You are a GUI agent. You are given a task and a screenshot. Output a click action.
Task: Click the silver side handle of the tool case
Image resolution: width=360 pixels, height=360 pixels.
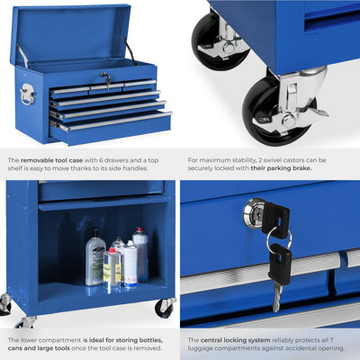[27, 94]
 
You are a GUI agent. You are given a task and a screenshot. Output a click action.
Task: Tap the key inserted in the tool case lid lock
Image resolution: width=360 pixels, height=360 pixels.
[106, 78]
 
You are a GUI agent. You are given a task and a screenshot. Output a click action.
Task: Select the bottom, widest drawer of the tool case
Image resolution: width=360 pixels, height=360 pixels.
[111, 128]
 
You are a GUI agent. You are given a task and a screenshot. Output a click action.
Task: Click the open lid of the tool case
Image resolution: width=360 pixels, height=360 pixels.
[71, 34]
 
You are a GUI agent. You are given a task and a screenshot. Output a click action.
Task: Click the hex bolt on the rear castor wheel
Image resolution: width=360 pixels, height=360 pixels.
[229, 48]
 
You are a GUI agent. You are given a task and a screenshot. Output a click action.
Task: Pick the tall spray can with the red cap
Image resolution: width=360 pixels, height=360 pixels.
[141, 253]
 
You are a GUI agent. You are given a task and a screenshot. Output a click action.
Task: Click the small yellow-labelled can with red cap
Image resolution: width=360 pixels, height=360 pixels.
[112, 267]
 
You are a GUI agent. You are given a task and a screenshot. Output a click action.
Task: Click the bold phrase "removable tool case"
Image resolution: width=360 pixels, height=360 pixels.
[51, 160]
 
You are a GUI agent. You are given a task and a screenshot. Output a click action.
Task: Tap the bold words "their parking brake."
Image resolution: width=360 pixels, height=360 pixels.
[281, 168]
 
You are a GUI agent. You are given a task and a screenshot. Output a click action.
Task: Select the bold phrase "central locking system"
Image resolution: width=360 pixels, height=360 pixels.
[236, 340]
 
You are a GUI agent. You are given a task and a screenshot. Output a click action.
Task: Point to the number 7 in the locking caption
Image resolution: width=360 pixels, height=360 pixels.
[331, 340]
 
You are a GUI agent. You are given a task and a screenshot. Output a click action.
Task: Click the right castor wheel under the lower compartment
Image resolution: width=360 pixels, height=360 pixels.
[165, 308]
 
